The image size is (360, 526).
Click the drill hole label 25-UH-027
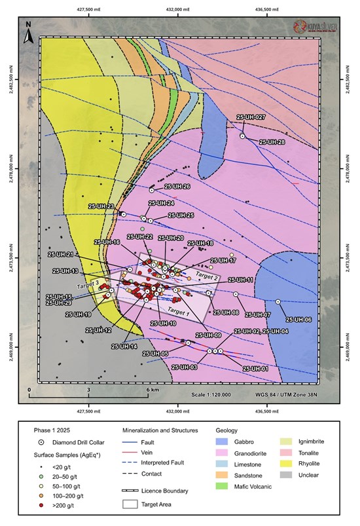coord(252,117)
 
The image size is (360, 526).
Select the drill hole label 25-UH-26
coord(177,187)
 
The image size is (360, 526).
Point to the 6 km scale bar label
coord(151,390)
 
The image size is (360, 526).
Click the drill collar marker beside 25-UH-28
coord(242,136)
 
